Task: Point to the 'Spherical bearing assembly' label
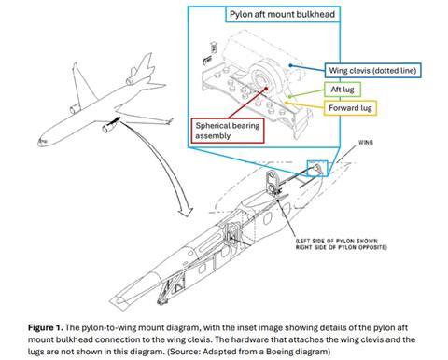tap(227, 130)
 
